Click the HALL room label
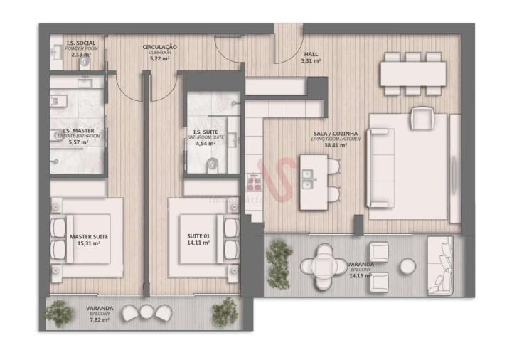311,53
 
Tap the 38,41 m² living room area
335,145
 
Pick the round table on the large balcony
324,265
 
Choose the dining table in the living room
413,73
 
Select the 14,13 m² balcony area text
361,275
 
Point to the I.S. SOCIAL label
80,43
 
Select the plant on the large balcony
279,253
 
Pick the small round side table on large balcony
407,266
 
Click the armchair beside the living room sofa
422,117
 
